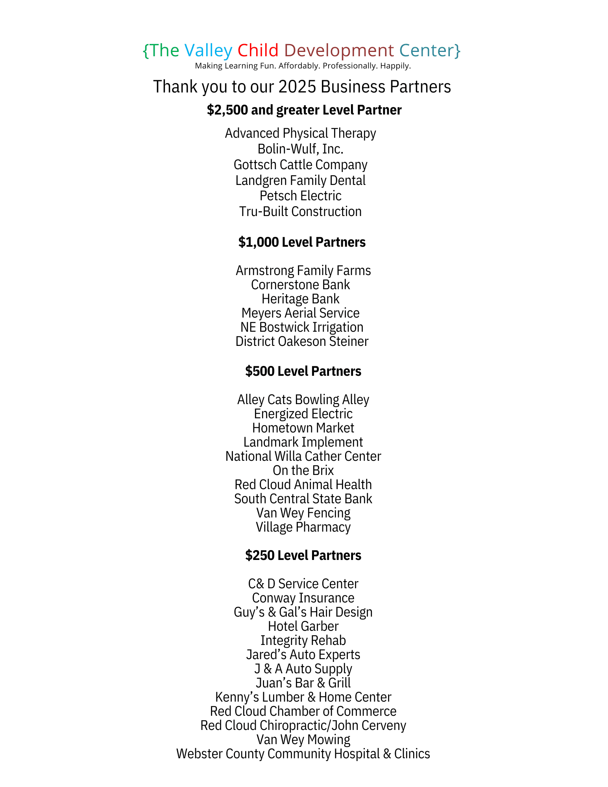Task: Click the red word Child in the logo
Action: (x=258, y=50)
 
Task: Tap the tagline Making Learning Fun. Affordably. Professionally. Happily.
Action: (x=303, y=66)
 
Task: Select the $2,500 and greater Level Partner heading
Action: (x=304, y=110)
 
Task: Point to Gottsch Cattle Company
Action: (x=300, y=164)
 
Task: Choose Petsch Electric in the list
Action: (x=300, y=196)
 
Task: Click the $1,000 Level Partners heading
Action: (x=302, y=242)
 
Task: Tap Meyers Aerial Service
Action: (x=300, y=313)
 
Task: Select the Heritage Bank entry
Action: (x=300, y=299)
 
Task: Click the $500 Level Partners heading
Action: (x=303, y=371)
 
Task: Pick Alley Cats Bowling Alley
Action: (x=303, y=399)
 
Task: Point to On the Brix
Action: (x=303, y=470)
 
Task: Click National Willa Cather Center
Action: (x=303, y=456)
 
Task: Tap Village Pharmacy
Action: (x=303, y=527)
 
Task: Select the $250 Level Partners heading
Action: (x=303, y=555)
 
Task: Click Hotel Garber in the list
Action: (x=303, y=626)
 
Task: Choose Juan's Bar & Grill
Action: (x=303, y=683)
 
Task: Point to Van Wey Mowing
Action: (x=303, y=739)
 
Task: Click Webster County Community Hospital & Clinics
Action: (x=303, y=754)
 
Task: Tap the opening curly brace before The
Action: (x=146, y=51)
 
